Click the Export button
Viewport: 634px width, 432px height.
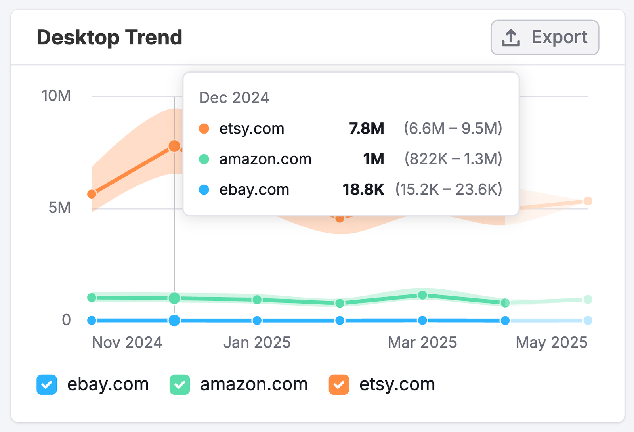pos(544,38)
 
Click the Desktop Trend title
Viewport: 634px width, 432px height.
pos(109,38)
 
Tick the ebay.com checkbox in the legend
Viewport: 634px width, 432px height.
pos(47,384)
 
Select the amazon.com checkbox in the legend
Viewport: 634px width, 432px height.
pos(180,384)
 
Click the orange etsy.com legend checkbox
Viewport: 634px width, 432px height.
pos(339,384)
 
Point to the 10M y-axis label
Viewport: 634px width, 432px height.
pos(56,96)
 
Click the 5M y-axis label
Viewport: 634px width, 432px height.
pos(59,208)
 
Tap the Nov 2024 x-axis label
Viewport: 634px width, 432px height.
pos(127,342)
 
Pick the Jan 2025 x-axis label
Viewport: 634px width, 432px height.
pos(257,342)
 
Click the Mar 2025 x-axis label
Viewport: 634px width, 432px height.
pos(422,342)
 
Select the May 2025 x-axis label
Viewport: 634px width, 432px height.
pos(552,342)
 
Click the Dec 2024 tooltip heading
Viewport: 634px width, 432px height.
pos(234,97)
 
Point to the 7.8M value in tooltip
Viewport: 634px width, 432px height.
pos(367,128)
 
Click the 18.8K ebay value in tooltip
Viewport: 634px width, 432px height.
pos(363,189)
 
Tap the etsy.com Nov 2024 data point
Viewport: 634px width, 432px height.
pos(92,194)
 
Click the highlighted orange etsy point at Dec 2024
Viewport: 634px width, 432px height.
pos(174,146)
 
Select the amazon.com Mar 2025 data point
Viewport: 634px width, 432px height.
pos(422,295)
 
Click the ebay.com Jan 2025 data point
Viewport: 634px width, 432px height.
pos(257,320)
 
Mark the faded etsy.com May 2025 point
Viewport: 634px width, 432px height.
pos(588,201)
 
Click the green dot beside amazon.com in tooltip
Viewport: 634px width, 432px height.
pos(204,159)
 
